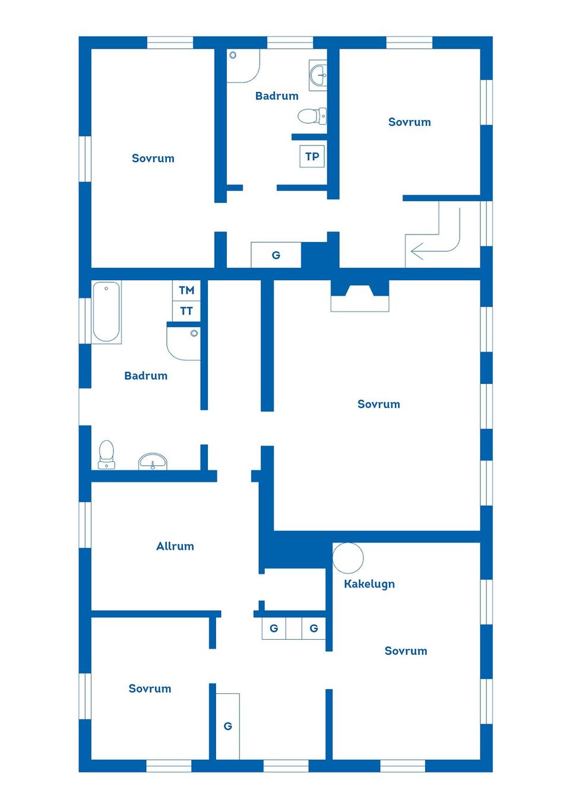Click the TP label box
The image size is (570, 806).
(x=312, y=156)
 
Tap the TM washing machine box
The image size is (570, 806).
(x=186, y=290)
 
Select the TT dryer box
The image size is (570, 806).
(x=186, y=311)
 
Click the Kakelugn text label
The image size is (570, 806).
(x=369, y=583)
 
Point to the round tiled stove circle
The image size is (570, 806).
(x=347, y=558)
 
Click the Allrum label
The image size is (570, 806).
(x=175, y=546)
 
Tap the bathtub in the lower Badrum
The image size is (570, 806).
(x=106, y=312)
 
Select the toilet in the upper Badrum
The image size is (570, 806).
(x=312, y=116)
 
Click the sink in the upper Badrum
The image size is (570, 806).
(x=318, y=75)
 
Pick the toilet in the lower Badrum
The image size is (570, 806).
(x=106, y=455)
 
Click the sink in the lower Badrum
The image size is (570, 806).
(x=153, y=461)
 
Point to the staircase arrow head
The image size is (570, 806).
(x=417, y=250)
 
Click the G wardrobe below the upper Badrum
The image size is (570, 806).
(x=276, y=255)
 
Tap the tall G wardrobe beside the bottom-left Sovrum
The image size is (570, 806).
(x=227, y=726)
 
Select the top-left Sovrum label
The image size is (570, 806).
(x=153, y=158)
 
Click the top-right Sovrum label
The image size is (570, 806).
(x=410, y=122)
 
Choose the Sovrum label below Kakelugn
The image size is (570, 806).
(x=406, y=650)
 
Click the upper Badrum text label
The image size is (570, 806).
(x=277, y=96)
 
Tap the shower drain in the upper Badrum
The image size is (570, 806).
(x=233, y=55)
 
